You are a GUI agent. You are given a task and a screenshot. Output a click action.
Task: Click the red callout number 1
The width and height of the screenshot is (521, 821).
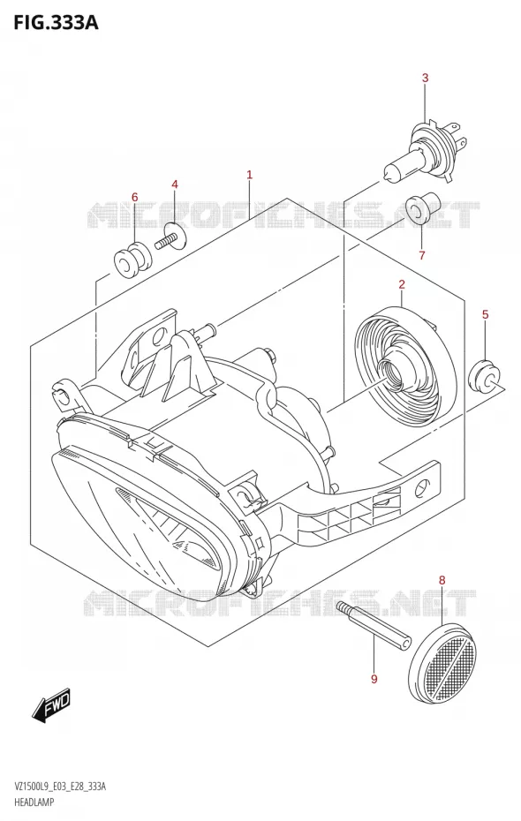tap(250, 175)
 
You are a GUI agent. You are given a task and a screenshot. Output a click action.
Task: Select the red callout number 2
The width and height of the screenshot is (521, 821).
tap(402, 285)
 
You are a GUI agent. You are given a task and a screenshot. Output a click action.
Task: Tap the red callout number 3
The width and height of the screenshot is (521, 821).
tap(425, 78)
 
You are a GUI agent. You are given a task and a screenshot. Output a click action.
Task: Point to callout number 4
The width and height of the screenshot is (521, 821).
tap(175, 185)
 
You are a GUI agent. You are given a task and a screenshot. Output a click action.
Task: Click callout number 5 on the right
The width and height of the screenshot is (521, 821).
tap(485, 314)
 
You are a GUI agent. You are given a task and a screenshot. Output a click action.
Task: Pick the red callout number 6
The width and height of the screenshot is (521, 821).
tap(134, 198)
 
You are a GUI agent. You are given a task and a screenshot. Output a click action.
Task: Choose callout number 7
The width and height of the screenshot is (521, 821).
tap(422, 255)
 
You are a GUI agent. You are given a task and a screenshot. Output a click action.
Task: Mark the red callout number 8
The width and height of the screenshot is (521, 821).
tap(442, 580)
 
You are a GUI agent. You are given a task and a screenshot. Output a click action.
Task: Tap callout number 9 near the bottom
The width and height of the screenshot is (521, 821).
tap(374, 679)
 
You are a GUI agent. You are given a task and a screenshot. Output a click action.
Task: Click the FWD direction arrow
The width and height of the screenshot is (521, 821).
tap(51, 707)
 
